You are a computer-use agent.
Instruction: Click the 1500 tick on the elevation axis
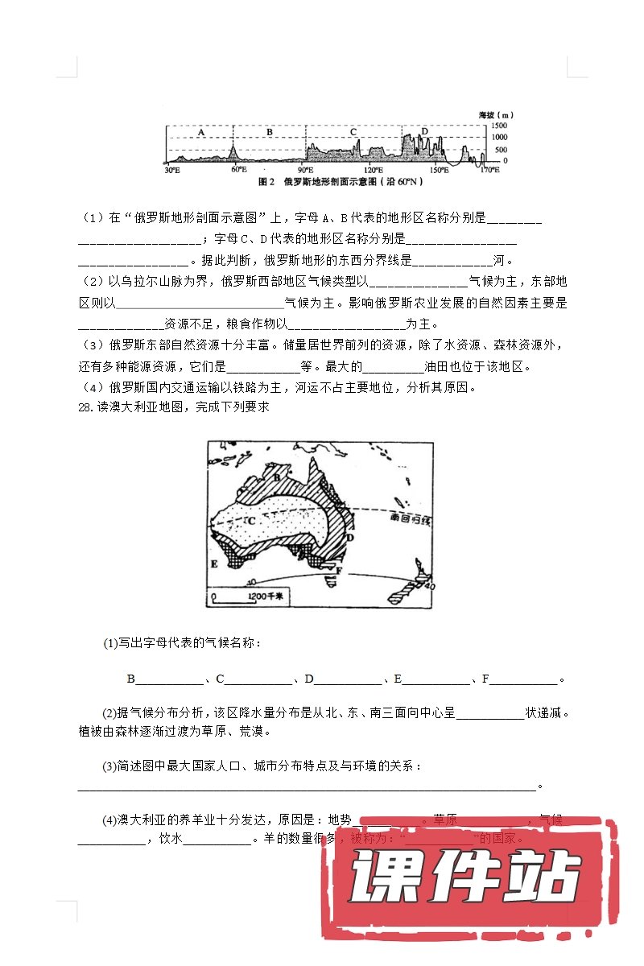[x=500, y=127]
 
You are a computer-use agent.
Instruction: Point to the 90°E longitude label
[x=305, y=171]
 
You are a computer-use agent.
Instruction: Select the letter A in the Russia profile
[x=201, y=131]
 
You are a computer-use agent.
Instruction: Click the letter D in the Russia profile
[x=424, y=131]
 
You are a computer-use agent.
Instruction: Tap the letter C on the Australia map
[x=251, y=521]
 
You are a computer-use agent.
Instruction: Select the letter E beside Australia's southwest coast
[x=214, y=563]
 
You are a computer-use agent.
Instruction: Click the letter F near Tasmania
[x=341, y=571]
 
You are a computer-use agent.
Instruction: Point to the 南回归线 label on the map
[x=410, y=519]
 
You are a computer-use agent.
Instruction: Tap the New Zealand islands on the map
[x=411, y=584]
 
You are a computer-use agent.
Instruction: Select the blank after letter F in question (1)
[x=524, y=679]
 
